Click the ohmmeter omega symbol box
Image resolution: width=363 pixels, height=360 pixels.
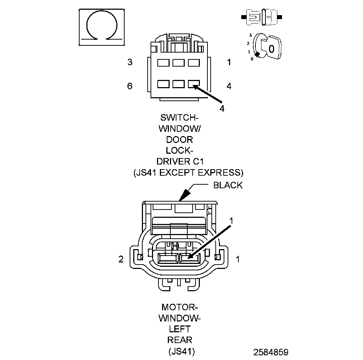click(102, 27)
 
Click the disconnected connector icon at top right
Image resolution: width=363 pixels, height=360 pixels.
click(261, 17)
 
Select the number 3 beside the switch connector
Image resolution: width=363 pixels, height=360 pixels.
click(130, 62)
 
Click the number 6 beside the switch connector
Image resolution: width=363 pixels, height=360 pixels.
click(130, 86)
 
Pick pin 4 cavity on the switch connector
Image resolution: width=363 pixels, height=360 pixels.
click(194, 84)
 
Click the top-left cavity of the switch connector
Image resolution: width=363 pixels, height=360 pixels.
click(163, 63)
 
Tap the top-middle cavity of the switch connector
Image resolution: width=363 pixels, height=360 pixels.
click(179, 63)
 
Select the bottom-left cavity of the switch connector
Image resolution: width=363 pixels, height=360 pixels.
click(163, 84)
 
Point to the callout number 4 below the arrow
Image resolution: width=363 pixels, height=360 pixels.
click(222, 108)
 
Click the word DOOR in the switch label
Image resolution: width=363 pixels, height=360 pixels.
click(179, 140)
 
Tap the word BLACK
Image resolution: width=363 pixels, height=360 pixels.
click(228, 185)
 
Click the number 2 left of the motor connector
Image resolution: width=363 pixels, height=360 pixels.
click(121, 259)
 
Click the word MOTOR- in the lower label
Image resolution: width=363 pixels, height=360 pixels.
click(179, 308)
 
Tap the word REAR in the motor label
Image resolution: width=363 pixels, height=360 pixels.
click(180, 340)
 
